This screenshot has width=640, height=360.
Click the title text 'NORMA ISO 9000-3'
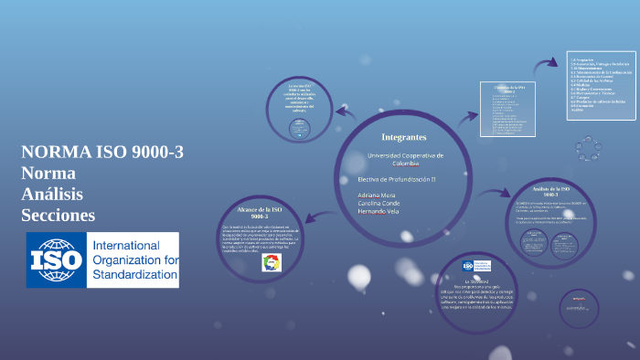coord(102,153)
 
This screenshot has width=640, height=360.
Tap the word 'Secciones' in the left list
coord(59,215)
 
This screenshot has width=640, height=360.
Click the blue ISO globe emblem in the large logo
coord(55,260)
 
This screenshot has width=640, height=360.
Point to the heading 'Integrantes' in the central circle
coord(403,136)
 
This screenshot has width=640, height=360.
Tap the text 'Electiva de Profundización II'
coord(396,178)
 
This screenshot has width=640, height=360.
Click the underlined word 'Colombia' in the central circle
coord(405,164)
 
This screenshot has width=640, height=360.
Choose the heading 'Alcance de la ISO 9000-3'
coord(253,211)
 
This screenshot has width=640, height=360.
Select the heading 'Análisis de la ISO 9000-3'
coord(551,190)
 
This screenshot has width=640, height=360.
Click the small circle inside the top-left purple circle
coord(299,131)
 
